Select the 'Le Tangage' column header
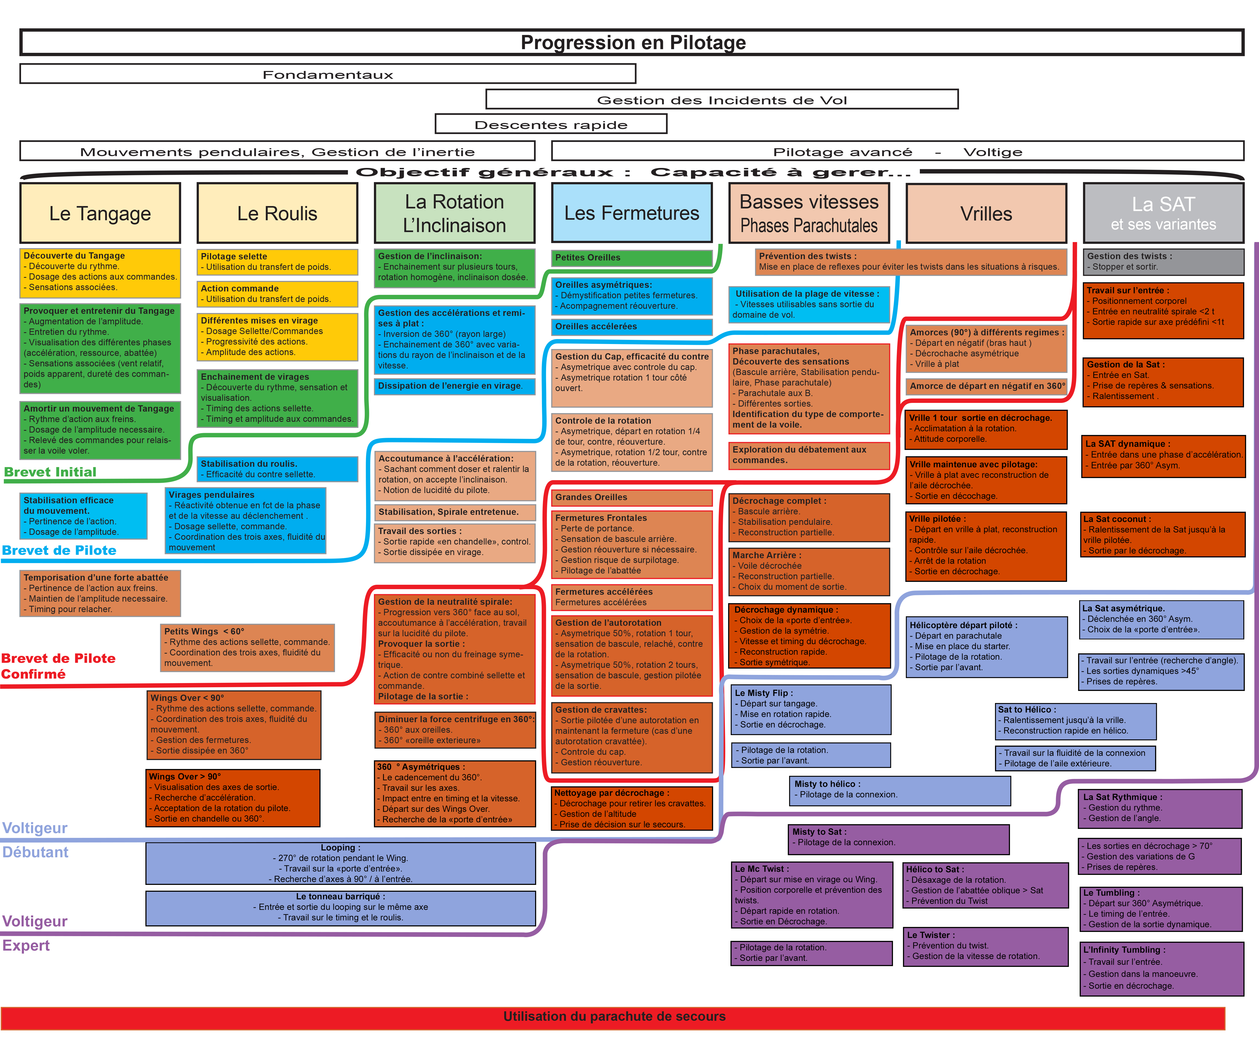(x=100, y=213)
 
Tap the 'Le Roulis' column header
(x=277, y=213)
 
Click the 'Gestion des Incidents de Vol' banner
(x=722, y=100)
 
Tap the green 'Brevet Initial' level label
(x=50, y=472)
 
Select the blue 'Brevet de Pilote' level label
(x=59, y=550)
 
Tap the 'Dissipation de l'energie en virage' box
(x=454, y=386)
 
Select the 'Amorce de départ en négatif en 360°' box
(x=986, y=386)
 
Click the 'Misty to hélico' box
(x=899, y=790)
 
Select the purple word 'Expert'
(x=26, y=946)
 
